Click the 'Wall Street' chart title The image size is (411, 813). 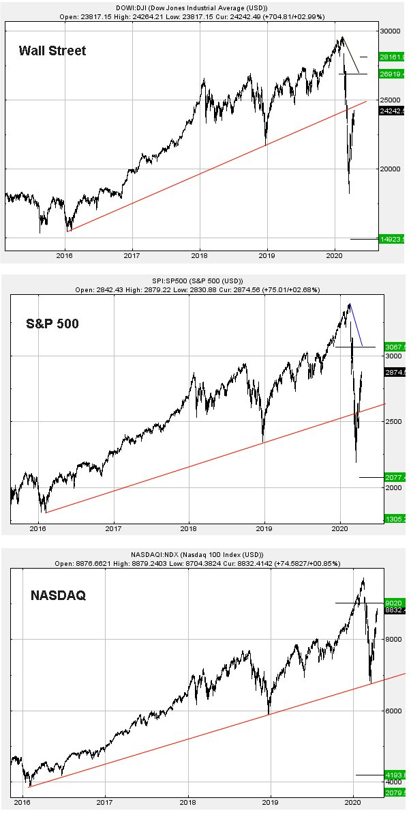tap(52, 51)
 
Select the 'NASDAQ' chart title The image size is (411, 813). tap(58, 596)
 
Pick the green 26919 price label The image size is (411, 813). tap(393, 74)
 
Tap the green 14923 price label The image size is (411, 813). tap(393, 240)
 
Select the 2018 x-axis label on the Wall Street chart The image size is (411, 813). tap(200, 257)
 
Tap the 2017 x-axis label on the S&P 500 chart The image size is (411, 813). tap(114, 528)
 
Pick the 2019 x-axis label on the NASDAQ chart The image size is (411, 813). tap(271, 803)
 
